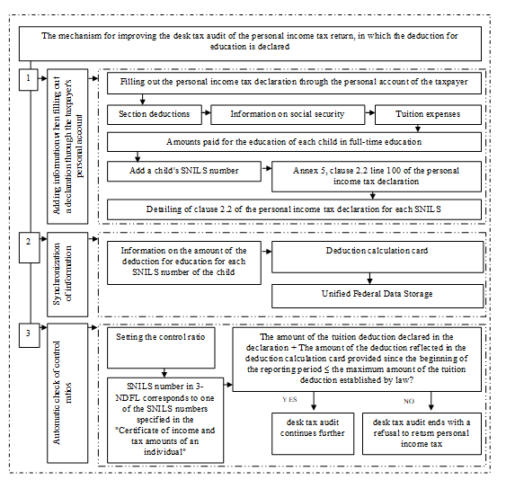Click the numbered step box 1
click(29, 79)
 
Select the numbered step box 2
click(30, 247)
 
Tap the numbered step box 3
click(30, 335)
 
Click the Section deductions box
click(155, 114)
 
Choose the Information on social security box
click(288, 114)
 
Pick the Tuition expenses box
click(428, 114)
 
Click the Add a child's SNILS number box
click(184, 171)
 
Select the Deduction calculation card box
click(377, 257)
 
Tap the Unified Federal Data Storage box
click(377, 296)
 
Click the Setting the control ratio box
click(161, 348)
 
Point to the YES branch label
click(289, 399)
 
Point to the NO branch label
click(409, 401)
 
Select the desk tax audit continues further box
click(313, 433)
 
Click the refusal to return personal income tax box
click(422, 433)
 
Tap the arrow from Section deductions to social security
click(206, 112)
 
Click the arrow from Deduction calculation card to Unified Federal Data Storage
click(369, 279)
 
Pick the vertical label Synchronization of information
click(62, 274)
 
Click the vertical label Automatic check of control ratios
click(62, 393)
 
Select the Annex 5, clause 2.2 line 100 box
click(377, 176)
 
